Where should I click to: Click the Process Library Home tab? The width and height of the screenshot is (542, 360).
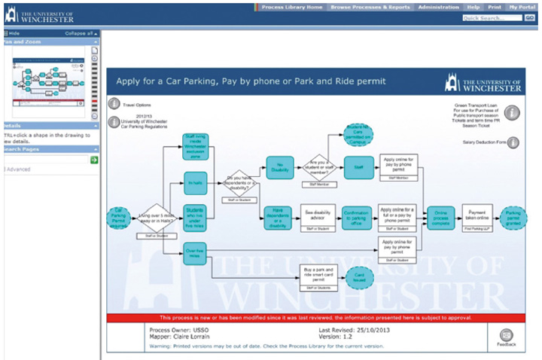click(x=292, y=7)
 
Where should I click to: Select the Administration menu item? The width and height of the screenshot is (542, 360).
click(x=438, y=7)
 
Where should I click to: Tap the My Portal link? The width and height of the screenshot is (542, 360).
click(x=522, y=7)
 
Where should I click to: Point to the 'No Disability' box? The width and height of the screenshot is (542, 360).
click(x=279, y=166)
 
